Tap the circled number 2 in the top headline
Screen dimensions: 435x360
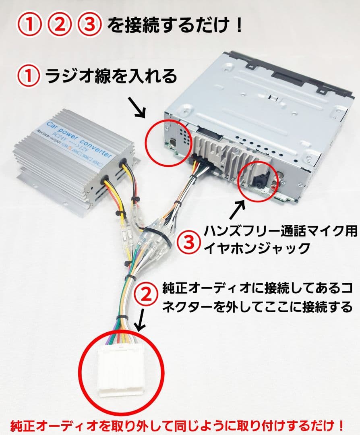59,25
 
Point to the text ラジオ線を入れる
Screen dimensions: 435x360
111,76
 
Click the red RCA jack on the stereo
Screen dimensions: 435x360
275,186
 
